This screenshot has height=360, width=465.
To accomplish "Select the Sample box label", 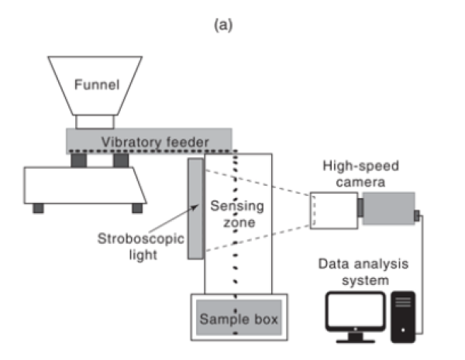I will [239, 317].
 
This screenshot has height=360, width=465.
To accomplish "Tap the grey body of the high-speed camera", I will [388, 210].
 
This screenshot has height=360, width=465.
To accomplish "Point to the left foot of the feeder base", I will [37, 207].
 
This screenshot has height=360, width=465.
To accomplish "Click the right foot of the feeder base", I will [137, 207].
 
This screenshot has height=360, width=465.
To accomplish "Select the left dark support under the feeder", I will [79, 159].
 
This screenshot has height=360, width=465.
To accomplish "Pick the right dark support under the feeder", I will [120, 159].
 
